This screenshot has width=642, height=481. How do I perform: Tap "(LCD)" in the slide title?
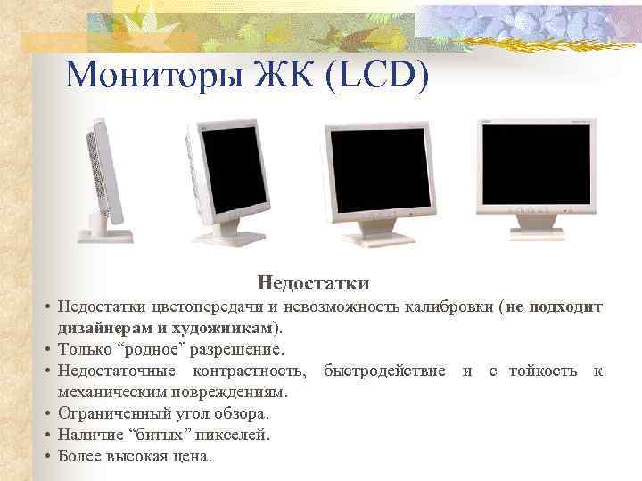[378, 74]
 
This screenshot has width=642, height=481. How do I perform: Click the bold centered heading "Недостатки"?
[313, 283]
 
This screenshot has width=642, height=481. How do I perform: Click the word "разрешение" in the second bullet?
[237, 349]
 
